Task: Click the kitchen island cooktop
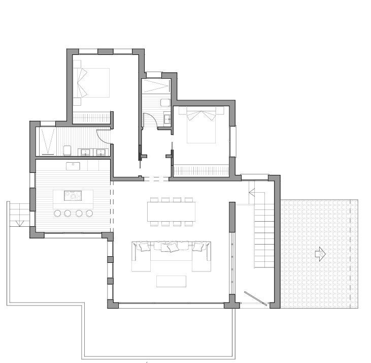[x=72, y=195]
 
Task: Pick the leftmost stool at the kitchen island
[x=57, y=213]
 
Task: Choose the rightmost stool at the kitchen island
[x=90, y=213]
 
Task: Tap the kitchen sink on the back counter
[x=74, y=165]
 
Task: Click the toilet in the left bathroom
[x=67, y=150]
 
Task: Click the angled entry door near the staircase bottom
[x=255, y=298]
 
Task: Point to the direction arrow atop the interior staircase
[x=251, y=192]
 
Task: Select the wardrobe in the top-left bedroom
[x=92, y=117]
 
